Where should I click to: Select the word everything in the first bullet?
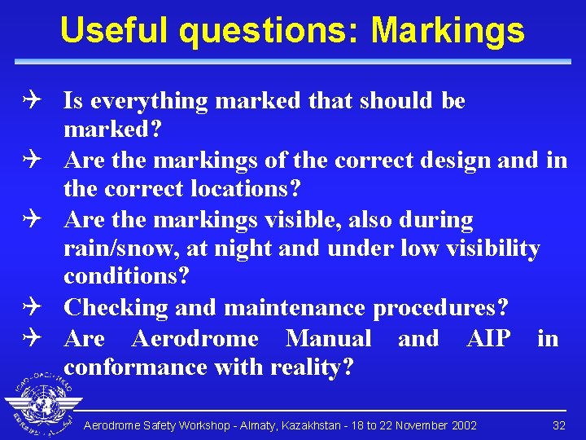click(x=148, y=101)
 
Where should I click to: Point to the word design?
click(x=454, y=160)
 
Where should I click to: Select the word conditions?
click(x=126, y=277)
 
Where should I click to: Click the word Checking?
click(x=113, y=308)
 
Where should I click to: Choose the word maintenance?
click(x=295, y=308)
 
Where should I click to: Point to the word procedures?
click(x=441, y=308)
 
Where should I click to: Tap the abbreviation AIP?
click(x=488, y=338)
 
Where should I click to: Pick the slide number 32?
click(x=558, y=425)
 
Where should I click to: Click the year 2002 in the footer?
click(x=463, y=425)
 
